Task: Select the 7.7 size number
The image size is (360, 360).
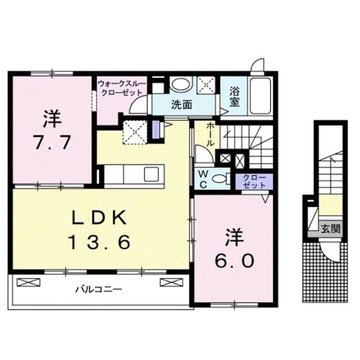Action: point(51,142)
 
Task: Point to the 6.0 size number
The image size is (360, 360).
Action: point(234,260)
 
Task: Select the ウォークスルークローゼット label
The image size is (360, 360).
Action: point(121,88)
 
